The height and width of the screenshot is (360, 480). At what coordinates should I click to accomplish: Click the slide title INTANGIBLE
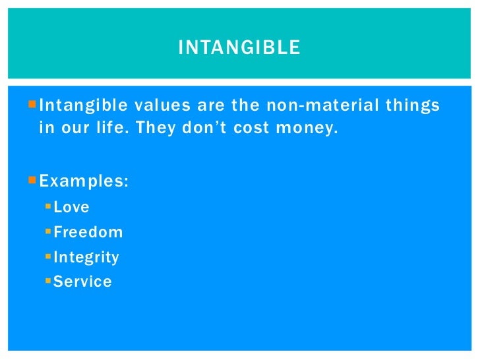coord(239,47)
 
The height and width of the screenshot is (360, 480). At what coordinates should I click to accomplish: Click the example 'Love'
coord(71,207)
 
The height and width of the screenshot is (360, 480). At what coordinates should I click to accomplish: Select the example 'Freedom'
coord(88,232)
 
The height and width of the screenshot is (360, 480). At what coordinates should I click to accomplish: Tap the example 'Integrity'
coord(86,257)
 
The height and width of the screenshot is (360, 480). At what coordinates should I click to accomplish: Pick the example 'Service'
coord(82,282)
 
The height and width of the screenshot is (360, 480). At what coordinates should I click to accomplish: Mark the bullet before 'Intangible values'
coord(34,105)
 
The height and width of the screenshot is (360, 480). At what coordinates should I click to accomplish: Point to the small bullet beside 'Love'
coord(48,206)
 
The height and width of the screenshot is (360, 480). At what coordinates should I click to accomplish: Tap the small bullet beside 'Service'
coord(48,282)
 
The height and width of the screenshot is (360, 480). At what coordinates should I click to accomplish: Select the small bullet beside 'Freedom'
coord(48,231)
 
